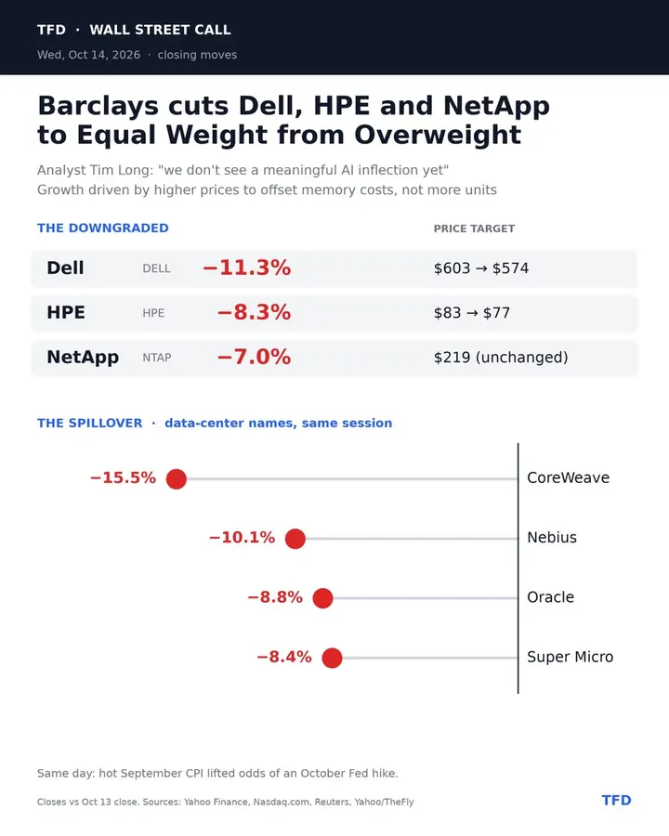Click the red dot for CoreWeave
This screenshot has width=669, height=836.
(x=176, y=478)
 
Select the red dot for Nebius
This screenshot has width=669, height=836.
(x=295, y=539)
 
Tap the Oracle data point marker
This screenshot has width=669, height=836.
(x=322, y=598)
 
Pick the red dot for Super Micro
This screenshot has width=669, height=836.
(x=332, y=658)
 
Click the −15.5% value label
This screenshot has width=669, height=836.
(x=124, y=477)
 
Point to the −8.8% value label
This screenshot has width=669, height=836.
(x=275, y=596)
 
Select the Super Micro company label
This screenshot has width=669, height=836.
(x=571, y=657)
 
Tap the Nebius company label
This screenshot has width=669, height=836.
(x=552, y=538)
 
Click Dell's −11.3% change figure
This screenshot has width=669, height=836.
(x=247, y=268)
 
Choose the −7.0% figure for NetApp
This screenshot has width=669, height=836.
(x=254, y=357)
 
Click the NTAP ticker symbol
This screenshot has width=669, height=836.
(x=157, y=358)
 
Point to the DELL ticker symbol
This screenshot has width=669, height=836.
(x=157, y=268)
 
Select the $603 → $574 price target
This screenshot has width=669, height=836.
(x=481, y=268)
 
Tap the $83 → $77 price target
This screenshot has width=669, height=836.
(x=472, y=312)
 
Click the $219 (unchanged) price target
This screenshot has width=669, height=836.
(x=501, y=358)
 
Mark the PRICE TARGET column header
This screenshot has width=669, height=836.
(x=474, y=229)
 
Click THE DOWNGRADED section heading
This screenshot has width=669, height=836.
(x=103, y=229)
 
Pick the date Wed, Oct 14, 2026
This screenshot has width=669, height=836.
(x=88, y=55)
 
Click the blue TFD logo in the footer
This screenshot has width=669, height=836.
(x=617, y=801)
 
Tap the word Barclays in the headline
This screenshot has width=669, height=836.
(x=98, y=106)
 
